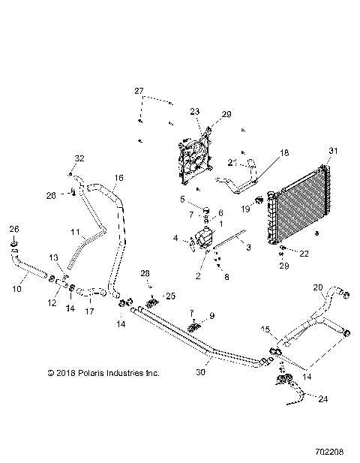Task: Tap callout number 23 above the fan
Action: (195, 111)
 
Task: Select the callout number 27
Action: (139, 91)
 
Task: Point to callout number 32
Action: (79, 158)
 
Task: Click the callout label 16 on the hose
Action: (118, 179)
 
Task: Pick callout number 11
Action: (75, 232)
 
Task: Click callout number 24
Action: (322, 399)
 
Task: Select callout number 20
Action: (316, 287)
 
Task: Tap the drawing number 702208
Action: (331, 452)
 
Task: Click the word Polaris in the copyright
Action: (87, 371)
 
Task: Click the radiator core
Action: (304, 203)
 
